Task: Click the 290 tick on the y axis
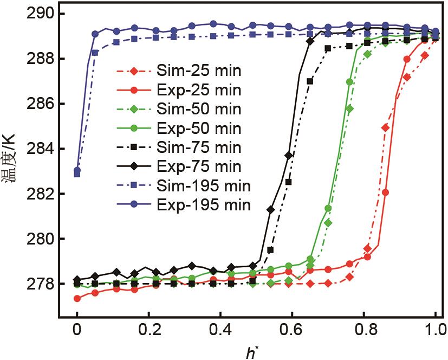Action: (x=40, y=14)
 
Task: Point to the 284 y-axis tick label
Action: (x=40, y=149)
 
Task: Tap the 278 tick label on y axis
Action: (x=40, y=284)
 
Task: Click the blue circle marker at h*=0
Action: (x=77, y=170)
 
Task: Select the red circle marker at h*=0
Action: (x=77, y=298)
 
